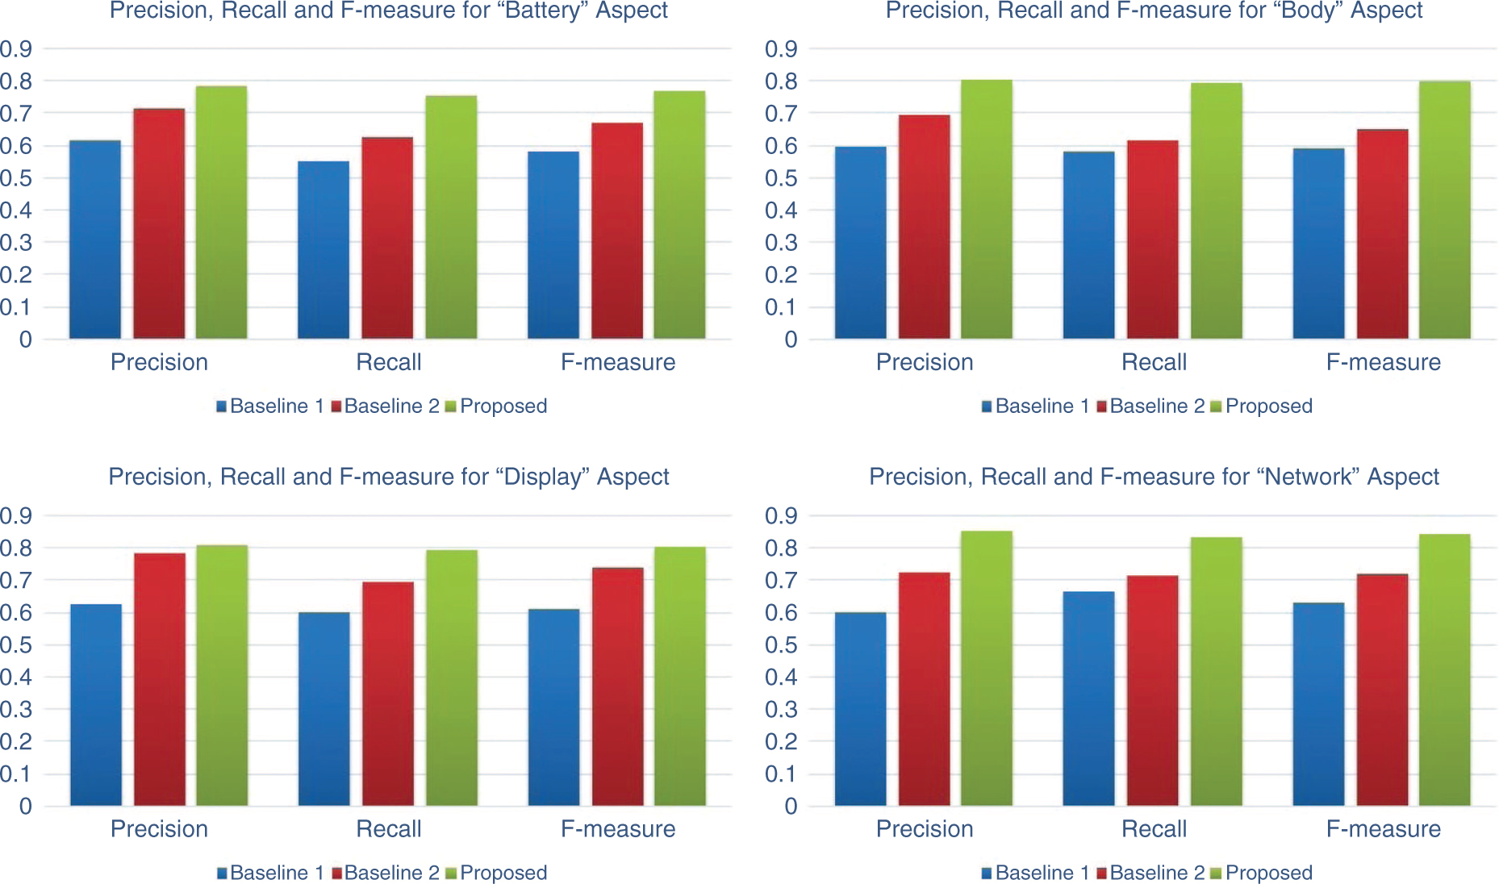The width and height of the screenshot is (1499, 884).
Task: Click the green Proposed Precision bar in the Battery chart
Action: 221,212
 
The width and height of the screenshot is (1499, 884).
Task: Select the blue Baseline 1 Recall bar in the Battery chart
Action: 324,250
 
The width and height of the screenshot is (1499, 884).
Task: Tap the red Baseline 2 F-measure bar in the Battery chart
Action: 617,231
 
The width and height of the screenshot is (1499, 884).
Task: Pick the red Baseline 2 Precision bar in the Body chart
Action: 925,227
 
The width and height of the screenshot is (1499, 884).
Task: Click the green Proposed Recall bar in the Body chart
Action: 1216,211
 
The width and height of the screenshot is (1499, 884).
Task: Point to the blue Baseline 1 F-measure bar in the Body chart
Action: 1318,244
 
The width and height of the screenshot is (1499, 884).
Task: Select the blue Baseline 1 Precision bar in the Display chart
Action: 96,705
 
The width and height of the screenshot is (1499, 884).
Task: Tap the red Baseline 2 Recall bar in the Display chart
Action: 388,694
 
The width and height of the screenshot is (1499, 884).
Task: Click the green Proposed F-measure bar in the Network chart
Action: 1444,669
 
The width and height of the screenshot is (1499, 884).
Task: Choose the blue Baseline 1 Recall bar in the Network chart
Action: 1088,698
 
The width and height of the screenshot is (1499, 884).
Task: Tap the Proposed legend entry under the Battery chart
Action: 503,407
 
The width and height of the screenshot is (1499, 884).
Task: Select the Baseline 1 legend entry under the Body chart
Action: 1041,407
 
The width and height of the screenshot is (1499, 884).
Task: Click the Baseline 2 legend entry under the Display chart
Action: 390,873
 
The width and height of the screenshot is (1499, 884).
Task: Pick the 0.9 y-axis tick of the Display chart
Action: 16,515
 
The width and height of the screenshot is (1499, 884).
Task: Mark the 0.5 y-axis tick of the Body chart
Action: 781,178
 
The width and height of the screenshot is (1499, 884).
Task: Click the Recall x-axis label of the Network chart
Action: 1154,829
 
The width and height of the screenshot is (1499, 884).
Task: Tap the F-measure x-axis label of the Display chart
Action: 618,829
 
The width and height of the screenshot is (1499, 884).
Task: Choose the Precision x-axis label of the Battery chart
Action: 159,362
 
